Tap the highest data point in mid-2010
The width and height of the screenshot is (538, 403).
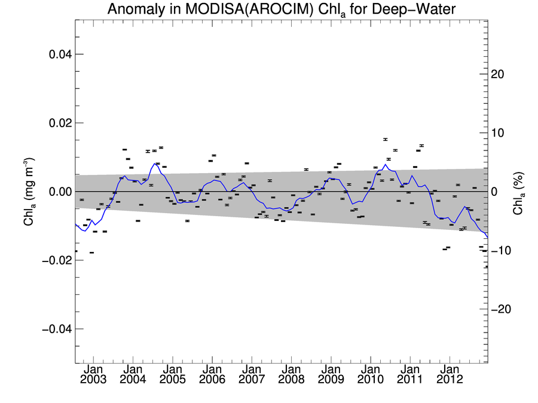[386, 139]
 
